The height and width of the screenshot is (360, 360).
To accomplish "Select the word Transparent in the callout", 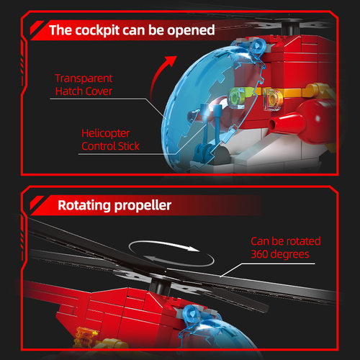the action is [x=84, y=78].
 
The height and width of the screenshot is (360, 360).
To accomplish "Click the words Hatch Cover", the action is [x=84, y=91].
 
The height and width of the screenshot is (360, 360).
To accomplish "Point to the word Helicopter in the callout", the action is [x=106, y=133].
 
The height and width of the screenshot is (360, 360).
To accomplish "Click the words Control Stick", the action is [x=110, y=146].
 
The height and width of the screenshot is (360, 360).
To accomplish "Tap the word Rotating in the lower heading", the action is [x=84, y=205].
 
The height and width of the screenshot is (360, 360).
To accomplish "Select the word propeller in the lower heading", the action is [x=143, y=205].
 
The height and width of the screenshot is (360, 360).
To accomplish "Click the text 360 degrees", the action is [x=280, y=254].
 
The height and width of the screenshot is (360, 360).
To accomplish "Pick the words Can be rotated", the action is [x=286, y=241].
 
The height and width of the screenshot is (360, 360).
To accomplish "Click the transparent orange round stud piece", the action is [x=273, y=99].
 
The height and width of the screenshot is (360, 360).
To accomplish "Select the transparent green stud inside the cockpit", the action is [x=237, y=98].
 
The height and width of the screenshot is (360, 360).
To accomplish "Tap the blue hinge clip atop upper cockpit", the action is [x=257, y=48].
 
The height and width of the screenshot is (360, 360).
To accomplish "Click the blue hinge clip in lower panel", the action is [x=192, y=315].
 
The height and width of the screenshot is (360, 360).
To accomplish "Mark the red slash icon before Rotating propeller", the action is [x=37, y=202].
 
